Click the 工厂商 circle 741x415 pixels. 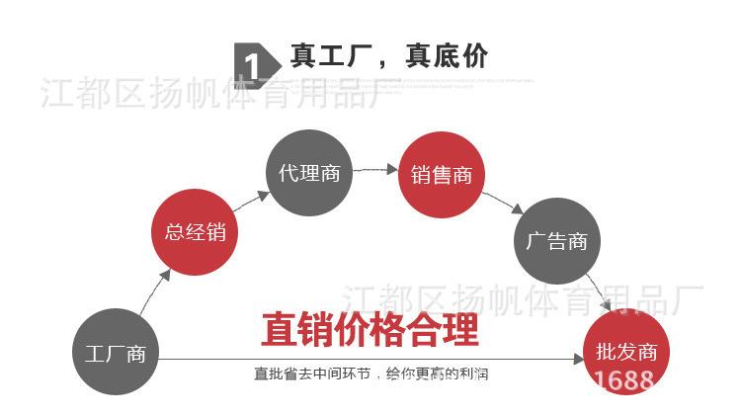tap(115, 353)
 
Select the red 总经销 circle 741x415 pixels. tap(195, 232)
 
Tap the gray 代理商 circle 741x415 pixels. tap(309, 174)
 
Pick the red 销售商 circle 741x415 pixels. tap(442, 175)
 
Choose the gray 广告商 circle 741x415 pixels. tap(557, 240)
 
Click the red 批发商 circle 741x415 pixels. tap(626, 351)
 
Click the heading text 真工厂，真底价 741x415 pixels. tap(388, 56)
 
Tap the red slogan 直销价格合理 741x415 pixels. tap(370, 330)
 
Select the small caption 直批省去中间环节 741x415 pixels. tap(317, 374)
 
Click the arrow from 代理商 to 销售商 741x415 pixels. tap(374, 170)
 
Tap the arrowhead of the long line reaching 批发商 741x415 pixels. tap(580, 359)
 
